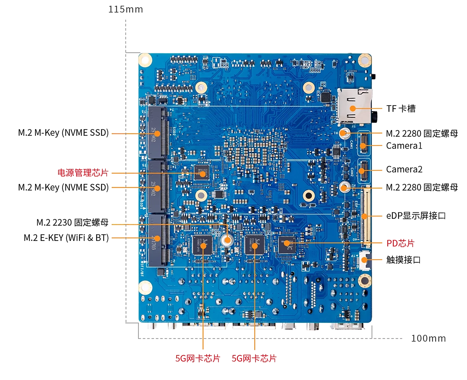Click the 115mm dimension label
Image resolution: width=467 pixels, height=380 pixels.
[x=126, y=9]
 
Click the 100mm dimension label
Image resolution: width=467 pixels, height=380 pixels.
[x=428, y=338]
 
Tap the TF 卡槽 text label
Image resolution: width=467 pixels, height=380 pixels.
[x=401, y=109]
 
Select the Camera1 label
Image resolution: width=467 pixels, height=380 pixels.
[x=404, y=146]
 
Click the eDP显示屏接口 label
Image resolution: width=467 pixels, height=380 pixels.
[x=416, y=216]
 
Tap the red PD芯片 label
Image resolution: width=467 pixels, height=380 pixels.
[x=400, y=243]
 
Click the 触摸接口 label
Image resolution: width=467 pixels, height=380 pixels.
[x=403, y=260]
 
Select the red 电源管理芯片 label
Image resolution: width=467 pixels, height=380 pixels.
[x=83, y=173]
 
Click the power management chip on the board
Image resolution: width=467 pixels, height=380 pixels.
[x=202, y=173]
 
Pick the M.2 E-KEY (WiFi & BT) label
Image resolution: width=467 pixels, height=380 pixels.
[x=66, y=238]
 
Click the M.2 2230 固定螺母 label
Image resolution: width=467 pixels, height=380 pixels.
[x=72, y=223]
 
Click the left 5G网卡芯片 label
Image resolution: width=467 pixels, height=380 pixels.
[x=198, y=359]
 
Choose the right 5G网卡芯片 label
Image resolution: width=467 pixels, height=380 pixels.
[x=254, y=359]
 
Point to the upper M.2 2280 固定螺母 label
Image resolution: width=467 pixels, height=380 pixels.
[x=422, y=134]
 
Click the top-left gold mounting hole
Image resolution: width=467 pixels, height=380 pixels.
[x=145, y=60]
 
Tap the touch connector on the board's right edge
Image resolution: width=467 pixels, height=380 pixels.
[x=365, y=260]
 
